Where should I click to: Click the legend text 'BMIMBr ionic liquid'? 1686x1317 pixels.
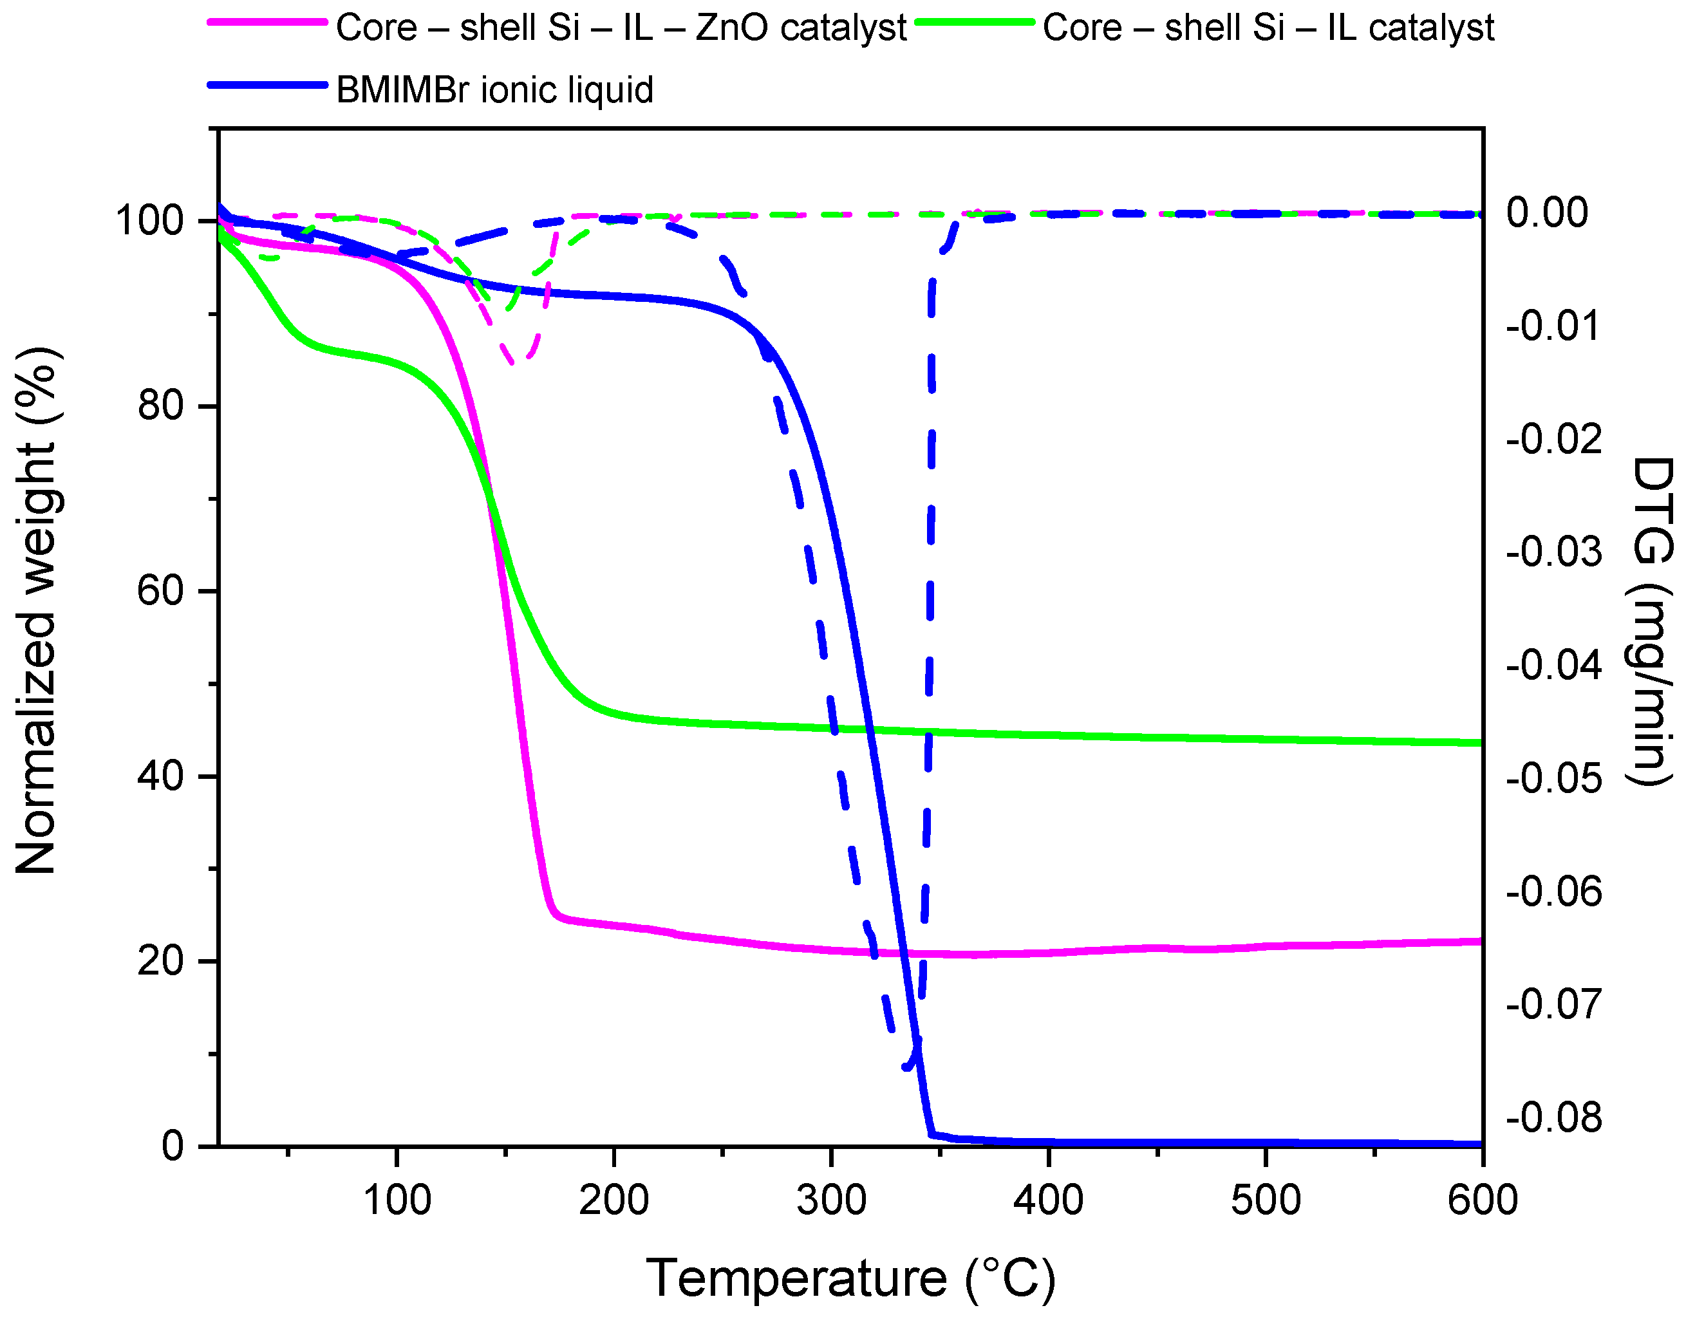(495, 90)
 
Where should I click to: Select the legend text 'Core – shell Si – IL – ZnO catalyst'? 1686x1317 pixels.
(621, 28)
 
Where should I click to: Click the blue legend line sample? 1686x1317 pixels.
(267, 85)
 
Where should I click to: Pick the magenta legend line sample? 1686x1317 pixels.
(267, 23)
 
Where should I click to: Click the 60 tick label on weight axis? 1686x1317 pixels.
(160, 592)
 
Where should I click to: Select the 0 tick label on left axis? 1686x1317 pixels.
(173, 1146)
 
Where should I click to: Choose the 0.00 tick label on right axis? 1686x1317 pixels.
(1547, 212)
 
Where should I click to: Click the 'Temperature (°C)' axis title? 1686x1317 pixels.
(850, 1278)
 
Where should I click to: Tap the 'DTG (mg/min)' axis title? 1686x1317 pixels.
(1653, 621)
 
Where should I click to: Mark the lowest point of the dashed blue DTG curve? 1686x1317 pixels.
(908, 1068)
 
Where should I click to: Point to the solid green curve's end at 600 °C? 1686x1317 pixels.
(1480, 743)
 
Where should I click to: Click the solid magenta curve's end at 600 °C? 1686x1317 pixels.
(1480, 941)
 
